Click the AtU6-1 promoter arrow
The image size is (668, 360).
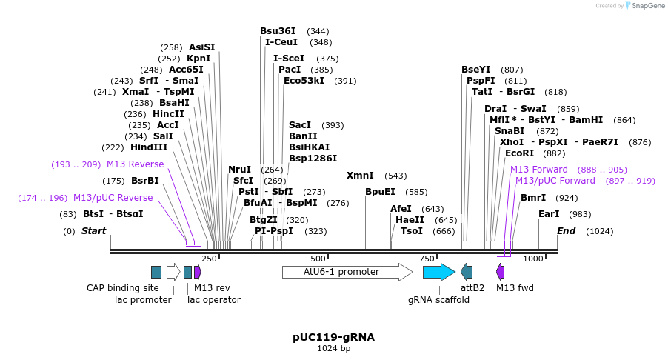point(347,272)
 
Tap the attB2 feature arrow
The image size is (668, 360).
point(467,272)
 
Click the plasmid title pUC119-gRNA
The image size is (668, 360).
point(333,337)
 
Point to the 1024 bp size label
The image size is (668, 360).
point(333,348)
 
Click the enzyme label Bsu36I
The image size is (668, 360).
point(278,31)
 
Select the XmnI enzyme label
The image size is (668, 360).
point(361,176)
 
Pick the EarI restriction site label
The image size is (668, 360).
point(549,214)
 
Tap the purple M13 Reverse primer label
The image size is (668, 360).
point(135,164)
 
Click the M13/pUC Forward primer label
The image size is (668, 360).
point(555,181)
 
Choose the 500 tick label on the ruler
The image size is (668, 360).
point(318,259)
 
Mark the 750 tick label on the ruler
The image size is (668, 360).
point(427,259)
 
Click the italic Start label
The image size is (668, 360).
point(93,231)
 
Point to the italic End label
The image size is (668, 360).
point(566,231)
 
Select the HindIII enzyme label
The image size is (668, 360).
point(150,147)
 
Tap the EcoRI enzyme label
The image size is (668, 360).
point(519,153)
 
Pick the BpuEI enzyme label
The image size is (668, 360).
point(380,192)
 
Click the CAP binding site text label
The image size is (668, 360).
point(123,288)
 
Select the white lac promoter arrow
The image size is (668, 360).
point(173,272)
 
